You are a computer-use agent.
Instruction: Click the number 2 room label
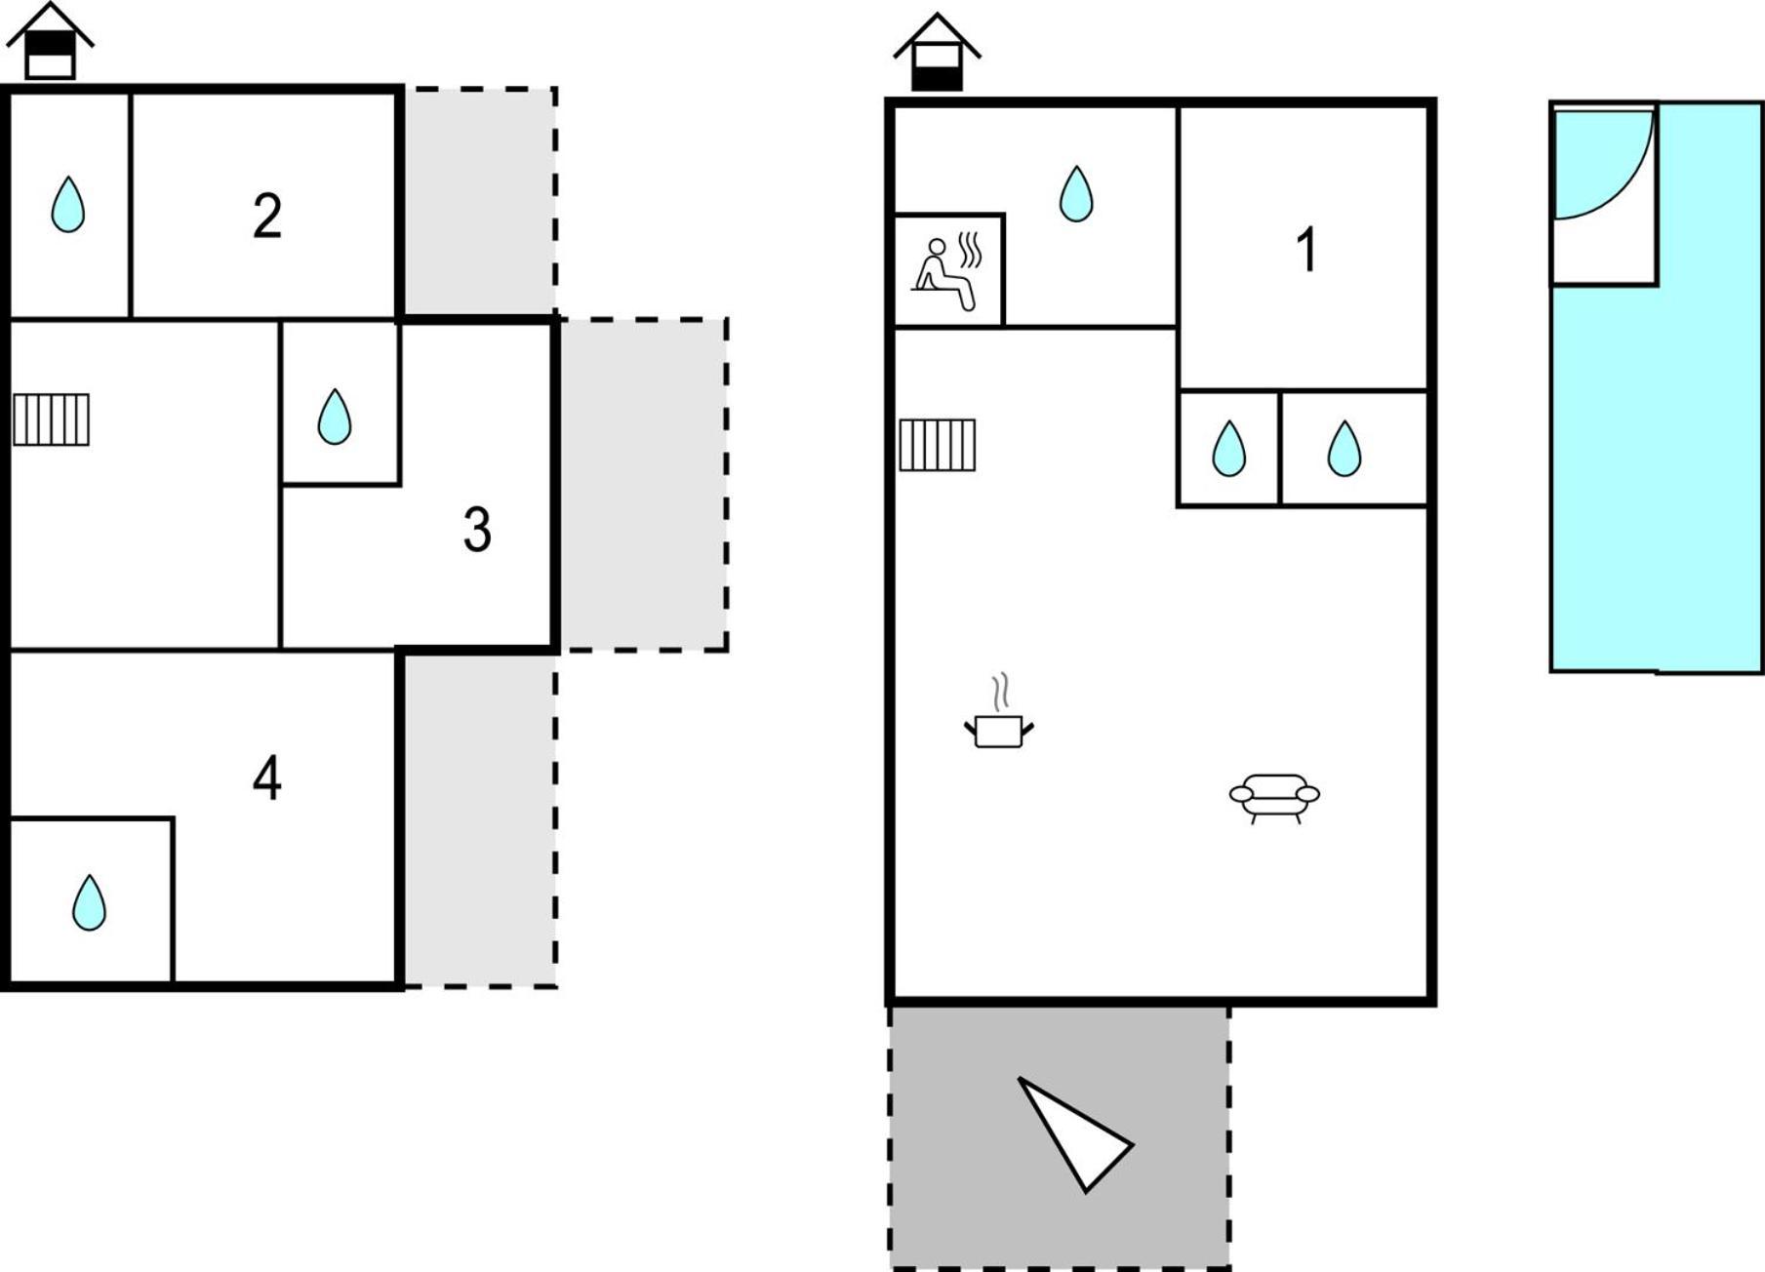pos(267,216)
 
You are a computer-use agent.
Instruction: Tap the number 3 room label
pos(477,530)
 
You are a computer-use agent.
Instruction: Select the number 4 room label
pos(267,777)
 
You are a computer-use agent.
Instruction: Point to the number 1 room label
pos(1307,249)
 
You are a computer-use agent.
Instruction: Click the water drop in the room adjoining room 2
pos(67,204)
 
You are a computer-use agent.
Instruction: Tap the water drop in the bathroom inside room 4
pos(89,902)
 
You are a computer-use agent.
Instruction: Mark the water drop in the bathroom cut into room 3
pos(335,417)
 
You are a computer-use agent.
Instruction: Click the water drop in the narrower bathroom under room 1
pos(1228,449)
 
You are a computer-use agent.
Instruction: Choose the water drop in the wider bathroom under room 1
pos(1344,449)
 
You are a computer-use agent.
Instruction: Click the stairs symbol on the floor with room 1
pos(937,445)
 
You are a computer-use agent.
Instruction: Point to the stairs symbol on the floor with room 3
pos(51,419)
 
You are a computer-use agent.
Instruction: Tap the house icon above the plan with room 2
pos(50,41)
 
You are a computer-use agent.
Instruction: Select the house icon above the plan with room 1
pos(937,52)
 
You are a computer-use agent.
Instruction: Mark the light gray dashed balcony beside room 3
pos(644,485)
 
